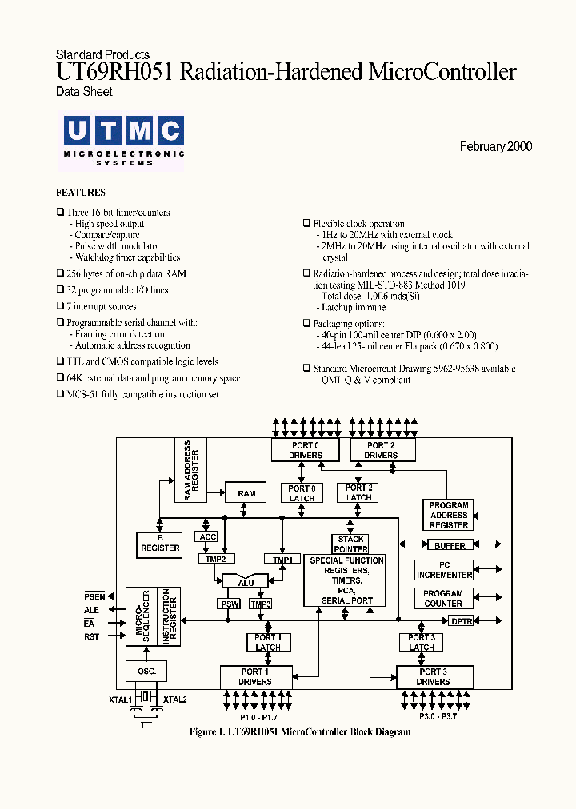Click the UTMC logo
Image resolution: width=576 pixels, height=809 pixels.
(x=123, y=140)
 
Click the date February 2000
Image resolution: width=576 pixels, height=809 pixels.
(x=495, y=147)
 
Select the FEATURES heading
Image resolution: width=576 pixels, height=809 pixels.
(x=80, y=193)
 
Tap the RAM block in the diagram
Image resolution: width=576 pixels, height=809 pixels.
(x=246, y=493)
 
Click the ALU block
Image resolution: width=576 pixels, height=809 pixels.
(x=246, y=582)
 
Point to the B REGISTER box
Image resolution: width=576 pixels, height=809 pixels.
(x=160, y=544)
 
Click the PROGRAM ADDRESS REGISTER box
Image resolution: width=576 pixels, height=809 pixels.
(x=448, y=515)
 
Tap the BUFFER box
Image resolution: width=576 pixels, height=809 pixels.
(x=449, y=546)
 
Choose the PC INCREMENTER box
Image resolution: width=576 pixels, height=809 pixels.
(x=444, y=570)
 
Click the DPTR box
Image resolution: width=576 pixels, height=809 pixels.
(x=461, y=620)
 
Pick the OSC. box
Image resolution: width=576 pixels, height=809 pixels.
(x=146, y=671)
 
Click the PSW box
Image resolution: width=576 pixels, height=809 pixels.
(x=229, y=604)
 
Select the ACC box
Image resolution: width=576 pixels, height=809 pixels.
(x=207, y=537)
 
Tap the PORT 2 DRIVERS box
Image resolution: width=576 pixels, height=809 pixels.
(x=382, y=450)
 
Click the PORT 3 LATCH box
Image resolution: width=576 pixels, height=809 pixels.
(x=421, y=642)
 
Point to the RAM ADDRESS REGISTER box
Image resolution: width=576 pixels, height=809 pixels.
(x=190, y=470)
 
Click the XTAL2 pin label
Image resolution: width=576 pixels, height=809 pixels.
(x=174, y=699)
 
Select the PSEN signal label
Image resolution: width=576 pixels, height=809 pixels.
(x=94, y=596)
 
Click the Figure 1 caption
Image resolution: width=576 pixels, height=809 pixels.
(x=300, y=732)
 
